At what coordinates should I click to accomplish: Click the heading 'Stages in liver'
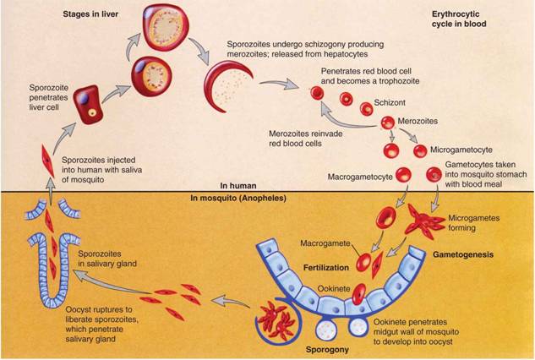click(x=89, y=14)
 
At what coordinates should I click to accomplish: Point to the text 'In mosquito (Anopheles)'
click(x=238, y=198)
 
